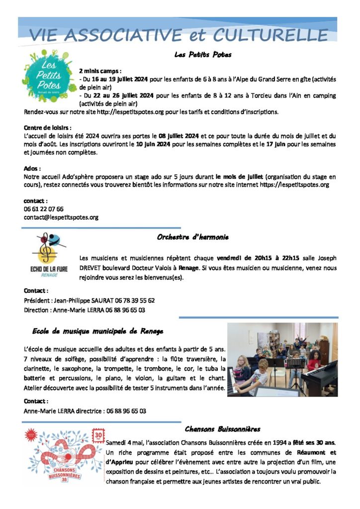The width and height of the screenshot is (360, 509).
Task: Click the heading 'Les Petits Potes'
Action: pyautogui.click(x=203, y=55)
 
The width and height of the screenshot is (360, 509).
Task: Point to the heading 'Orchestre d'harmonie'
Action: pyautogui.click(x=192, y=237)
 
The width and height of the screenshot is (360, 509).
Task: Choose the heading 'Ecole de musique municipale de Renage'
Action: pyautogui.click(x=97, y=331)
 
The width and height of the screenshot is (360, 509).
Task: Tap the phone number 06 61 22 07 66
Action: pyautogui.click(x=44, y=209)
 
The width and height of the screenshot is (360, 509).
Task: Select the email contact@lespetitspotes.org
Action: pyautogui.click(x=61, y=217)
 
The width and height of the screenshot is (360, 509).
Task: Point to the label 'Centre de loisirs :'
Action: pyautogui.click(x=48, y=128)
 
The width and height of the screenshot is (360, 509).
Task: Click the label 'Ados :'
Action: pyautogui.click(x=32, y=169)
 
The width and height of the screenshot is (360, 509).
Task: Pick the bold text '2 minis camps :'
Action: pyautogui.click(x=100, y=71)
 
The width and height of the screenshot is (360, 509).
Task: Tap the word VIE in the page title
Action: pyautogui.click(x=45, y=35)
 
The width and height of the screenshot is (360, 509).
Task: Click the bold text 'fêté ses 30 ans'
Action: pyautogui.click(x=311, y=442)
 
